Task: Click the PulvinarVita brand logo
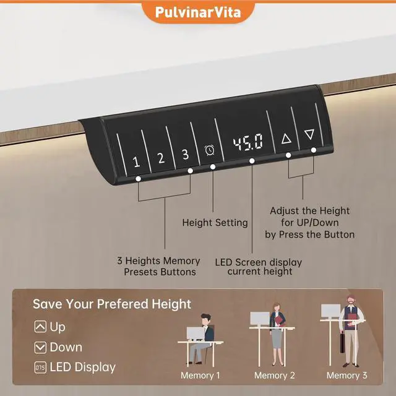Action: [197, 11]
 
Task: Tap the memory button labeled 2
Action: [160, 158]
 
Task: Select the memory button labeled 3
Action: [184, 155]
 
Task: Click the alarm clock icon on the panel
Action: [210, 150]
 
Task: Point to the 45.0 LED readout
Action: [247, 144]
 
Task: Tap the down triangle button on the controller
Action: [309, 134]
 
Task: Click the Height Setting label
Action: [215, 222]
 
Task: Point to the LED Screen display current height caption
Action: [259, 267]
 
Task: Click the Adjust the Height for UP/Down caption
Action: [309, 223]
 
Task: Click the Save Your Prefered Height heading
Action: [112, 304]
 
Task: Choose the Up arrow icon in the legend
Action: [40, 327]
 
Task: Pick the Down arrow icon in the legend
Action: [40, 347]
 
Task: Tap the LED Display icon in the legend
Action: [40, 368]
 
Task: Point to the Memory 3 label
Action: [346, 376]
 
